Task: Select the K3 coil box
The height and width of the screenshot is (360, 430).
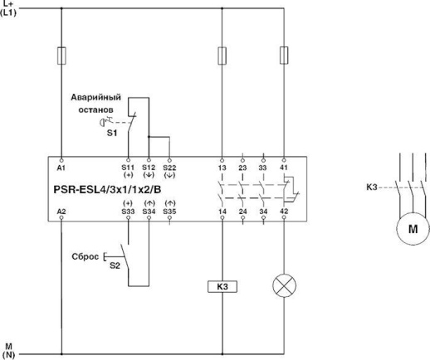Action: (222, 288)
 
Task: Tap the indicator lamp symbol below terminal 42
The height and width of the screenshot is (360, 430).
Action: (284, 288)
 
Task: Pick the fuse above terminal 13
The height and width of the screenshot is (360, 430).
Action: (222, 56)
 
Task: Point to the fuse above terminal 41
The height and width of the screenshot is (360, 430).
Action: (284, 56)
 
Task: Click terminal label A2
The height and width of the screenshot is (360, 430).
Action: (62, 213)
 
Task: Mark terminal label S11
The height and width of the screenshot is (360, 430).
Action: (128, 167)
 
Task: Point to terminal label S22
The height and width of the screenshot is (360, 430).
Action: (169, 167)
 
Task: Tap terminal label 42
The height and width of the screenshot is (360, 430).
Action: (284, 213)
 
